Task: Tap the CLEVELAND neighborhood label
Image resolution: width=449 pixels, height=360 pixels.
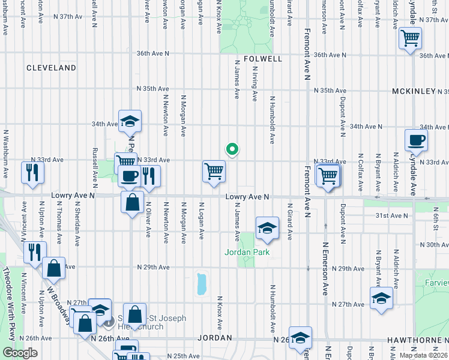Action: point(51,68)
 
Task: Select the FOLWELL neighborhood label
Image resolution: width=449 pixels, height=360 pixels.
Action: point(263,59)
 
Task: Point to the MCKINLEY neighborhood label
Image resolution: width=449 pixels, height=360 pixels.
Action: point(414,91)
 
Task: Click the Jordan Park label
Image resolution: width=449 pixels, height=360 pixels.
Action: point(247,252)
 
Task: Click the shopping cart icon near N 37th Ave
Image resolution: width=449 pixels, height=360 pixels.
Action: point(411,38)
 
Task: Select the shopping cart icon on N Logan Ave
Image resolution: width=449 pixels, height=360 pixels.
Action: point(214,171)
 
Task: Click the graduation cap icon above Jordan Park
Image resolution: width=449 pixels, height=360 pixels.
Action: point(267,228)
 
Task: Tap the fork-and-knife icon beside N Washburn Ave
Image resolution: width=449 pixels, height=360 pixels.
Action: point(31,173)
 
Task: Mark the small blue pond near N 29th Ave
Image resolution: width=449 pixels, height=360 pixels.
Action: point(202,284)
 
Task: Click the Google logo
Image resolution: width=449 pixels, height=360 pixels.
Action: point(19,353)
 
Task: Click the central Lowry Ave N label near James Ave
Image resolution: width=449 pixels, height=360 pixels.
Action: point(247,197)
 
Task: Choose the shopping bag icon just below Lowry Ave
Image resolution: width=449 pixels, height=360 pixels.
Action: point(131,202)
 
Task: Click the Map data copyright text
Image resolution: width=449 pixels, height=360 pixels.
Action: point(423,355)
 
